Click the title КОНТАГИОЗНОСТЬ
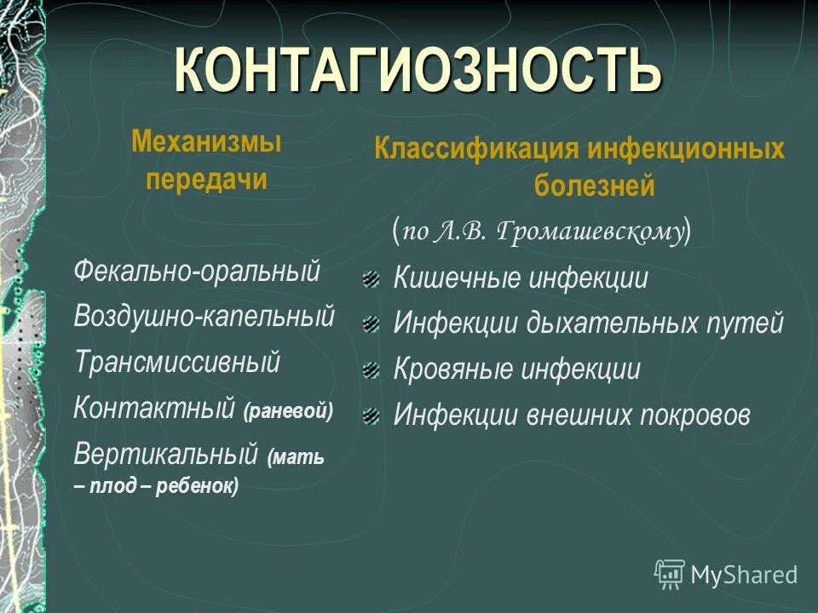[418, 71]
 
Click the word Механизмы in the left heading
[206, 143]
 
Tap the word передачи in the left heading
[206, 180]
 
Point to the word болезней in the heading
[594, 186]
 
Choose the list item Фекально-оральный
[197, 272]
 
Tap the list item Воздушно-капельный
[204, 317]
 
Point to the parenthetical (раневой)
[288, 411]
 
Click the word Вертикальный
[166, 453]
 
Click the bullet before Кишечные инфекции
[370, 278]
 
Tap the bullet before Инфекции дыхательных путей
[370, 324]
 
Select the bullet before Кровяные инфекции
[370, 370]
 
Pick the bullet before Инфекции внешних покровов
[370, 415]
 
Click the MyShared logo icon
[670, 574]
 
